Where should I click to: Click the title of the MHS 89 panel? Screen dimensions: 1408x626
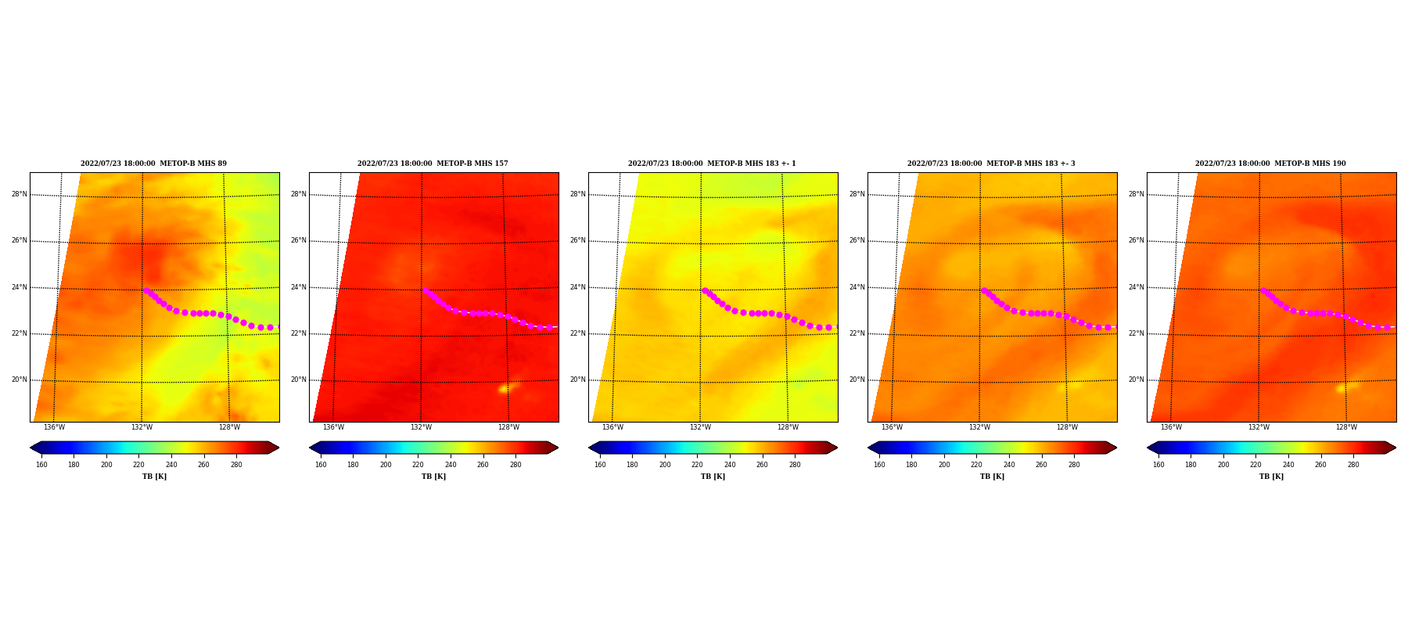[153, 164]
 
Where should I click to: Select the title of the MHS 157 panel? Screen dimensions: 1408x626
[433, 164]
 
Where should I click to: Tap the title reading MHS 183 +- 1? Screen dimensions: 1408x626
[712, 164]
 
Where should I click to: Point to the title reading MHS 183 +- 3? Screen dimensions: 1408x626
[991, 164]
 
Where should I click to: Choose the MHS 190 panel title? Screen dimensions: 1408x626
[1270, 164]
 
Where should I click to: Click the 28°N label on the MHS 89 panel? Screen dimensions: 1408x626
[19, 194]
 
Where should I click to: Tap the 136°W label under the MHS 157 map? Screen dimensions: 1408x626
[333, 427]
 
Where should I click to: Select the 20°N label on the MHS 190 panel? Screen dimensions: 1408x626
[1136, 380]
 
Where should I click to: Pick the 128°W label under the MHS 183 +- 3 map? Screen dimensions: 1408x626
[1067, 427]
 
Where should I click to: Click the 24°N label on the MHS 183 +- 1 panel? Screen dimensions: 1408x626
[577, 287]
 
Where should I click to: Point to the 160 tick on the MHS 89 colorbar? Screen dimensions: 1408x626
[41, 465]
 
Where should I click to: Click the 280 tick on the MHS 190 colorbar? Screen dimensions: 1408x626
[1353, 465]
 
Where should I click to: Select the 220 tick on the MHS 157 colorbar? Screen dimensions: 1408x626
[418, 465]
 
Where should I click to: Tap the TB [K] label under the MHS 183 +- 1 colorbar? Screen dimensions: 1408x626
[713, 477]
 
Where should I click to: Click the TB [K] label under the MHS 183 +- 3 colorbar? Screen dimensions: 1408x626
[992, 477]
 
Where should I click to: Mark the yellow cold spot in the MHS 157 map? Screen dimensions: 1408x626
[506, 387]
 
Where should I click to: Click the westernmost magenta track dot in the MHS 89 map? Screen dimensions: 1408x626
[145, 290]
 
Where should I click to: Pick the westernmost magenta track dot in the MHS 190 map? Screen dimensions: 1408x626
[1263, 290]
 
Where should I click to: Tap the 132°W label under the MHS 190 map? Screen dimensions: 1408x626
[1259, 427]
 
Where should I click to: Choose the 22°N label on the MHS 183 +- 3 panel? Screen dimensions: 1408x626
[857, 333]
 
